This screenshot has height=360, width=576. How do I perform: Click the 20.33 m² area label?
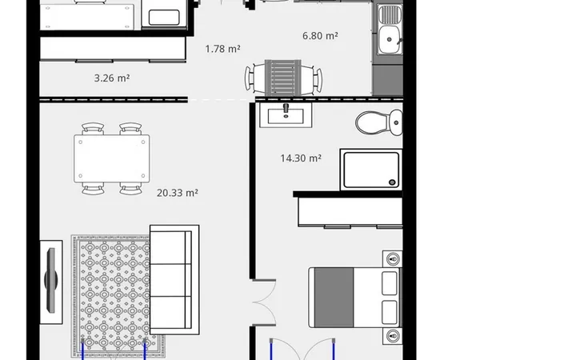point(178,193)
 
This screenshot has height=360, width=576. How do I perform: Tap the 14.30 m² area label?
point(301,158)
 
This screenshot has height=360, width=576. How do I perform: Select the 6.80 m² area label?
point(320,36)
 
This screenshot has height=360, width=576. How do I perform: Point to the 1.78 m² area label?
point(222,49)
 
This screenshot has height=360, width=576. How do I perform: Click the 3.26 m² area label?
point(112,78)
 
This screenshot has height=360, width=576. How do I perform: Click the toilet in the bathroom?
point(379,122)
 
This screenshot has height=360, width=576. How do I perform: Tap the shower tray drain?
point(392,182)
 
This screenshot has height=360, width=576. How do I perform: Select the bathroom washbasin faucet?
point(286,108)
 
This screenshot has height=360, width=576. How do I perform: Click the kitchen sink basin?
point(389,39)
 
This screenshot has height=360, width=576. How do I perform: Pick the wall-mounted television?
point(51,281)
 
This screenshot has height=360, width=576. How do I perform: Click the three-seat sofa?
point(174,280)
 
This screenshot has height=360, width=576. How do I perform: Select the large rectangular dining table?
point(112,158)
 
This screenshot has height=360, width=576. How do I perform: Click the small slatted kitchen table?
point(283,78)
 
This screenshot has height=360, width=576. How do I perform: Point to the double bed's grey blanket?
point(334,297)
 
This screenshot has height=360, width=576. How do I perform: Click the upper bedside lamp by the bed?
point(393,259)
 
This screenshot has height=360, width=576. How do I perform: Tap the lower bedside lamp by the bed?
point(393,335)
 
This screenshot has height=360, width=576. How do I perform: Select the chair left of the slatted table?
point(254,78)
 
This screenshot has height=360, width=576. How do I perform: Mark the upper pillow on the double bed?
point(390,283)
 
